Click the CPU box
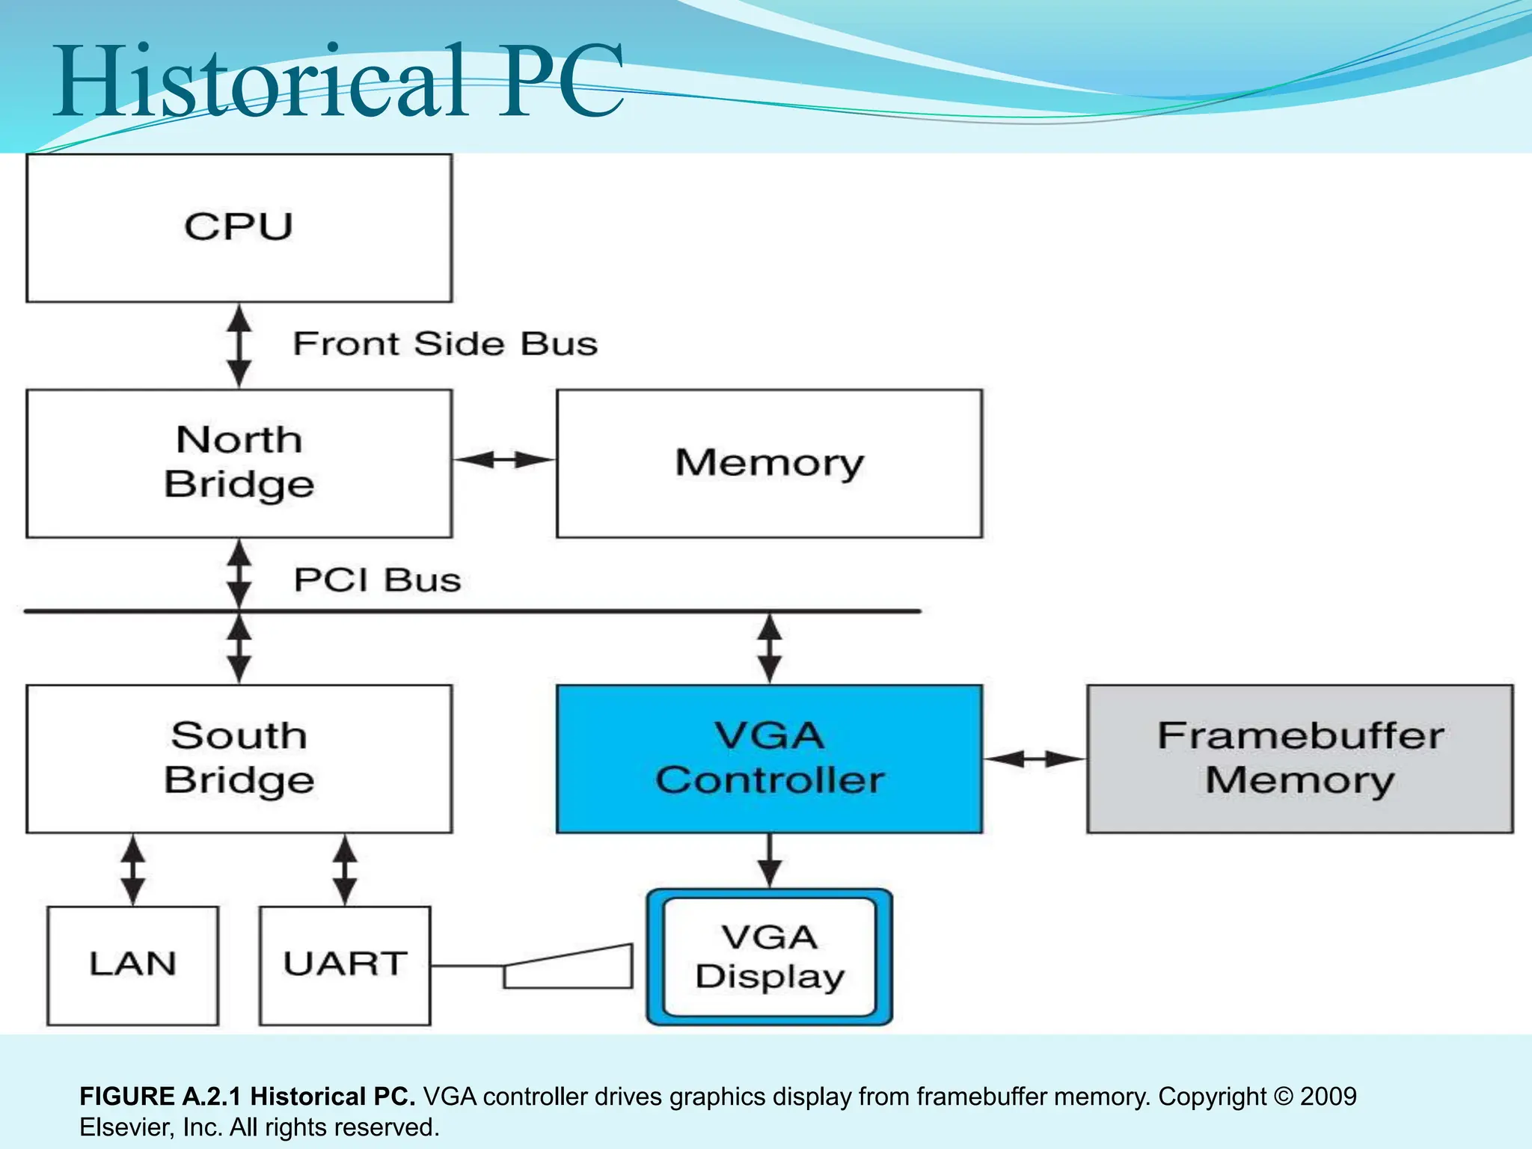pyautogui.click(x=239, y=227)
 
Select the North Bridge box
pyautogui.click(x=239, y=462)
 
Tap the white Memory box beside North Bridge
pyautogui.click(x=769, y=462)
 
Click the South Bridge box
pyautogui.click(x=239, y=758)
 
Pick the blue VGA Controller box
pyautogui.click(x=769, y=758)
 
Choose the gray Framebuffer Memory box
pyautogui.click(x=1299, y=758)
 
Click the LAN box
pyautogui.click(x=132, y=965)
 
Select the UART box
pyautogui.click(x=345, y=965)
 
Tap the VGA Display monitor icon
pyautogui.click(x=769, y=957)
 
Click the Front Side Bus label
pyautogui.click(x=445, y=344)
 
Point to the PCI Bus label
pyautogui.click(x=377, y=580)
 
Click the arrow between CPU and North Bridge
pyautogui.click(x=239, y=346)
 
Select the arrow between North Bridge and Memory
pyautogui.click(x=504, y=459)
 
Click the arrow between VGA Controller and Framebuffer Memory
pyautogui.click(x=1035, y=759)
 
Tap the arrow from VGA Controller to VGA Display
pyautogui.click(x=769, y=860)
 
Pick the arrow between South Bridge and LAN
pyautogui.click(x=133, y=870)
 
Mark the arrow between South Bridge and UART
pyautogui.click(x=345, y=870)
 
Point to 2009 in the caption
pyautogui.click(x=1328, y=1097)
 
